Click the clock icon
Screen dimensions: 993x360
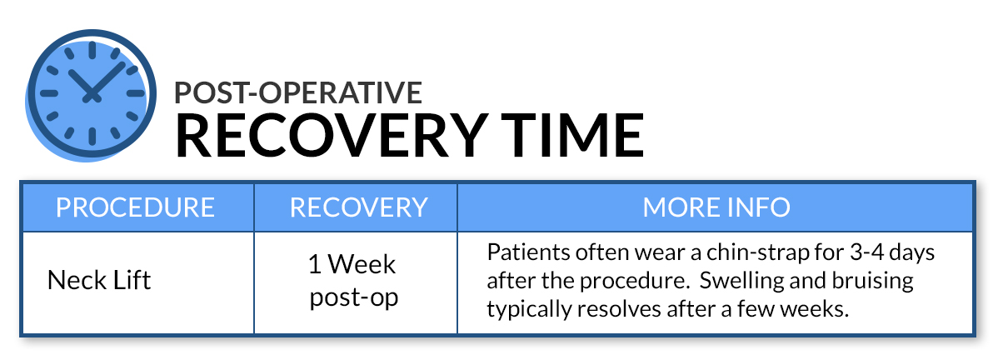click(x=91, y=94)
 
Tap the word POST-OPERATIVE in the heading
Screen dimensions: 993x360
click(x=298, y=92)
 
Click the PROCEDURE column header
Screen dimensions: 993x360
click(x=136, y=207)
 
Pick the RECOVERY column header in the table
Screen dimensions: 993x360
click(x=358, y=207)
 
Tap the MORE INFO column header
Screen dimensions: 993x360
click(x=716, y=207)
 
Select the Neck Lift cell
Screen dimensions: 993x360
click(x=99, y=279)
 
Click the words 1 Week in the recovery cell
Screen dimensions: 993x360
click(x=352, y=263)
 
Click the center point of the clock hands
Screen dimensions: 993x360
click(x=92, y=97)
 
